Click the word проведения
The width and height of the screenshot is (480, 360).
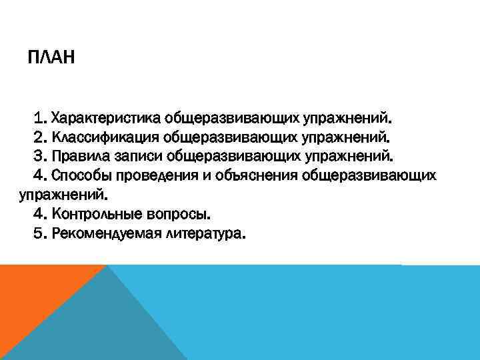coord(151,177)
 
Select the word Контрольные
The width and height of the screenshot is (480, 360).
coord(92,215)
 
